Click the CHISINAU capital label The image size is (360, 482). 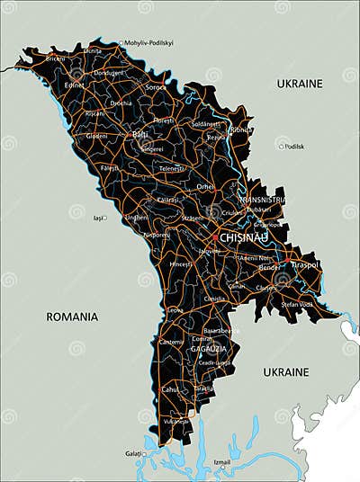click(244, 237)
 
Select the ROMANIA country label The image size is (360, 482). click(73, 317)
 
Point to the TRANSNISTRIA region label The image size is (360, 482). click(262, 200)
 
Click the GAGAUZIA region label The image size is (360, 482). click(208, 348)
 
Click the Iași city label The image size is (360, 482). click(97, 218)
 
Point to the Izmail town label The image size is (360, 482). click(220, 462)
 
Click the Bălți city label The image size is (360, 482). click(140, 134)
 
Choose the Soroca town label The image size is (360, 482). click(157, 87)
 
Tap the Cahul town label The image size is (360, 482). click(169, 389)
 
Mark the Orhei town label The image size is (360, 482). click(206, 186)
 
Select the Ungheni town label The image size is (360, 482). click(136, 217)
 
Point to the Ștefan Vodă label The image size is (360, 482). click(296, 305)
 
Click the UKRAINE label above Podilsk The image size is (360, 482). click(299, 84)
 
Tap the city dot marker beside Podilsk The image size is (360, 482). click(281, 146)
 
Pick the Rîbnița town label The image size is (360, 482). click(240, 129)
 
